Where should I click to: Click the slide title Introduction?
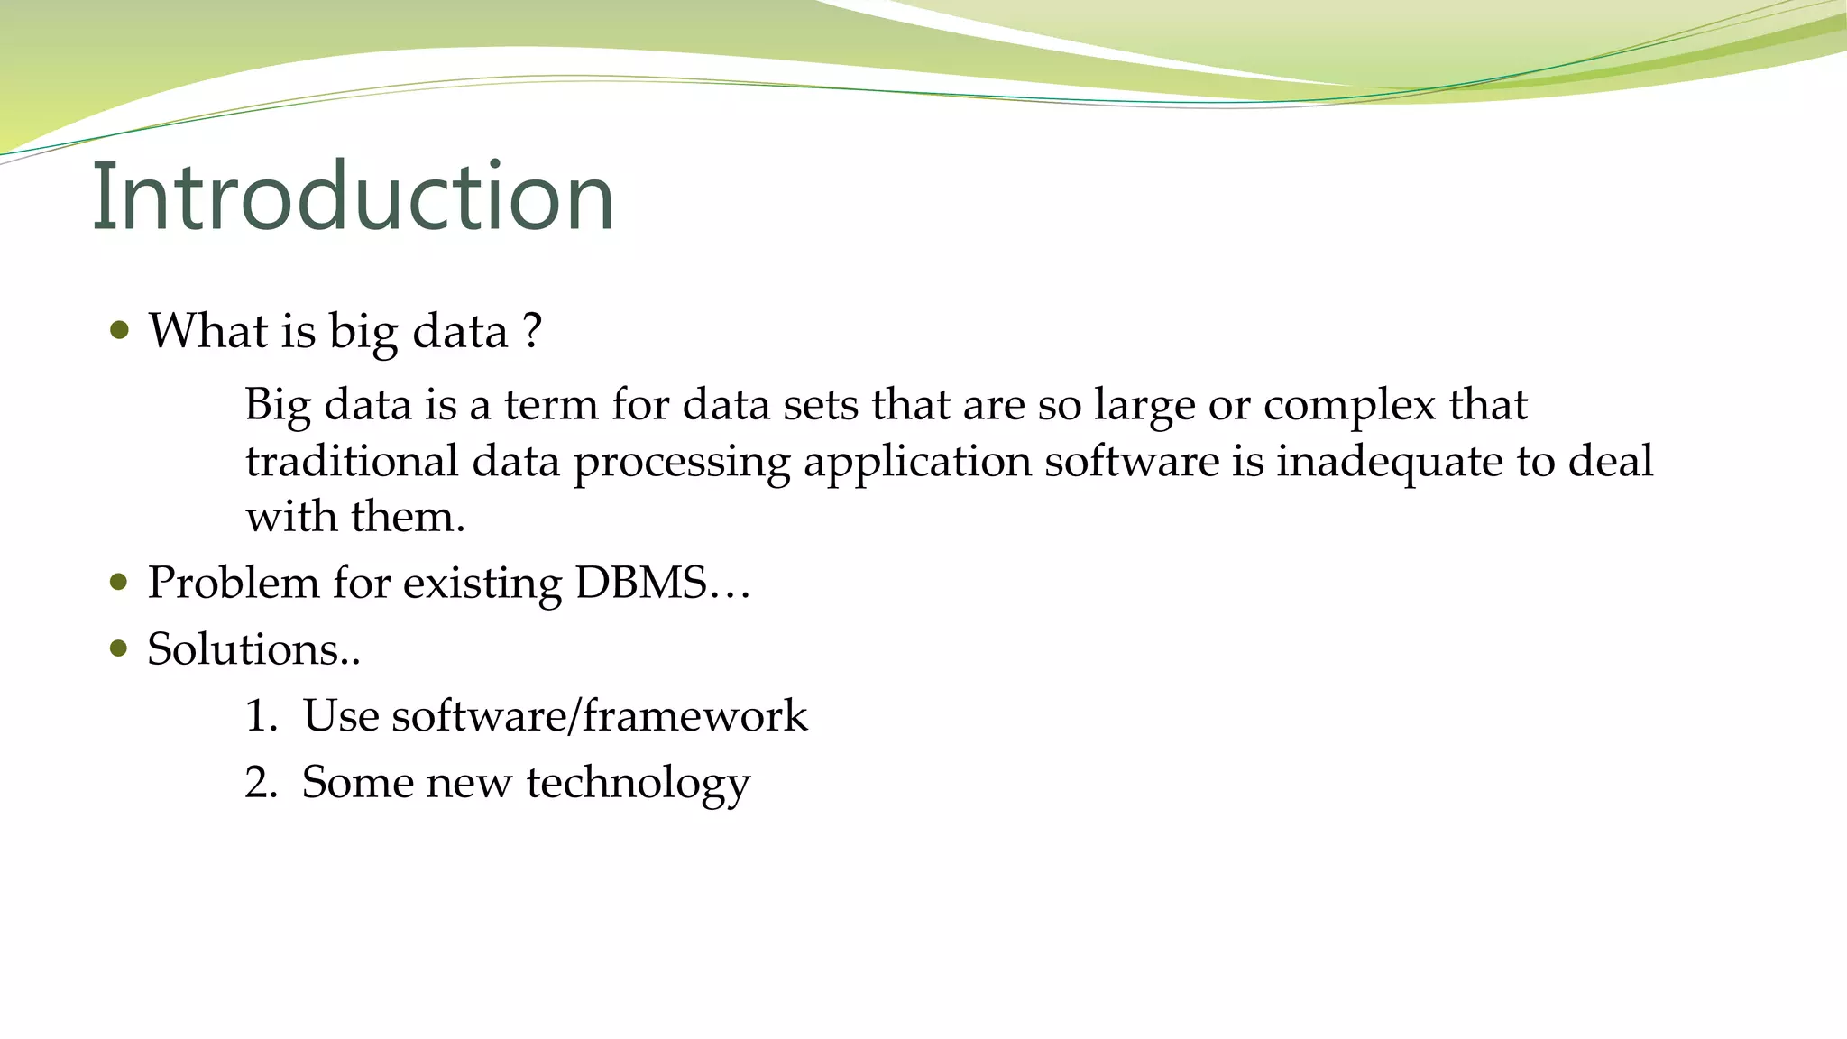pyautogui.click(x=353, y=196)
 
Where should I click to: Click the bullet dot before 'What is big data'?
pyautogui.click(x=119, y=330)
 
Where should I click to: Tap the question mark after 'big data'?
pyautogui.click(x=532, y=330)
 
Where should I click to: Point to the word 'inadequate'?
pyautogui.click(x=1389, y=463)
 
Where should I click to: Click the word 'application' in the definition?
pyautogui.click(x=917, y=463)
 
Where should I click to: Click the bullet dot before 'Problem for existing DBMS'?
pyautogui.click(x=119, y=582)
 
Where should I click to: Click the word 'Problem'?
pyautogui.click(x=234, y=583)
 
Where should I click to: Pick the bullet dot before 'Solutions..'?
pyautogui.click(x=119, y=648)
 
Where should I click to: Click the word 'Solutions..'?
pyautogui.click(x=253, y=649)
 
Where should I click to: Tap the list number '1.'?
pyautogui.click(x=261, y=716)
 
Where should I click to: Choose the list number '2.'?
pyautogui.click(x=261, y=782)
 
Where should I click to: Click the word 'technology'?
pyautogui.click(x=638, y=783)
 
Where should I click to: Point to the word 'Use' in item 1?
pyautogui.click(x=340, y=716)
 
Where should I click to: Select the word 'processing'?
pyautogui.click(x=682, y=463)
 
